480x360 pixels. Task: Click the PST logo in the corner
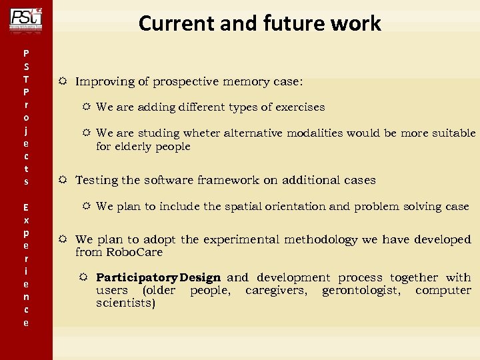(26, 18)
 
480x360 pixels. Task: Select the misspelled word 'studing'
(159, 133)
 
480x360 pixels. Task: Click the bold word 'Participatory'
(136, 277)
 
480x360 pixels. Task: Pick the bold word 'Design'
(200, 277)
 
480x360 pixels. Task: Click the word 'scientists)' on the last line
(125, 303)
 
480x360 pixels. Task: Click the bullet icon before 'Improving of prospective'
(61, 81)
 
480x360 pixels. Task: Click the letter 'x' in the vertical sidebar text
(26, 219)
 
